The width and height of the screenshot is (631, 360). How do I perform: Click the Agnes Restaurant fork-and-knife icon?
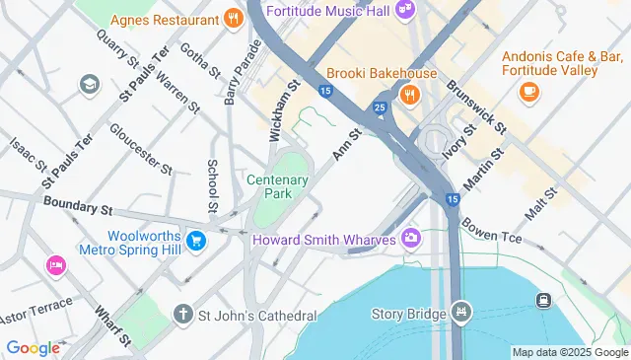[233, 19]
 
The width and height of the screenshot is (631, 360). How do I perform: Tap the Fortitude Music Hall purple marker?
[404, 10]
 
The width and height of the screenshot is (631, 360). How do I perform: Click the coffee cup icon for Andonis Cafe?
[528, 92]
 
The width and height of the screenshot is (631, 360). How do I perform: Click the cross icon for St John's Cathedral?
[182, 315]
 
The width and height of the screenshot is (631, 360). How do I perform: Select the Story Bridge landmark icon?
[460, 314]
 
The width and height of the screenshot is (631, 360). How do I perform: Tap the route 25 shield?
[380, 107]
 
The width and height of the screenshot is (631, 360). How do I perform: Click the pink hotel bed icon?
[55, 265]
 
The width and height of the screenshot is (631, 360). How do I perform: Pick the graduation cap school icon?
[91, 84]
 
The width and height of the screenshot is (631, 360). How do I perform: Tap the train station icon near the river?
[543, 300]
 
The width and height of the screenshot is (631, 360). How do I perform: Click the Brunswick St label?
[476, 108]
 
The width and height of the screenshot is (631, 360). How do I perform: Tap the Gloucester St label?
[141, 148]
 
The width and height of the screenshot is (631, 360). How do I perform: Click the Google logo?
[34, 347]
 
